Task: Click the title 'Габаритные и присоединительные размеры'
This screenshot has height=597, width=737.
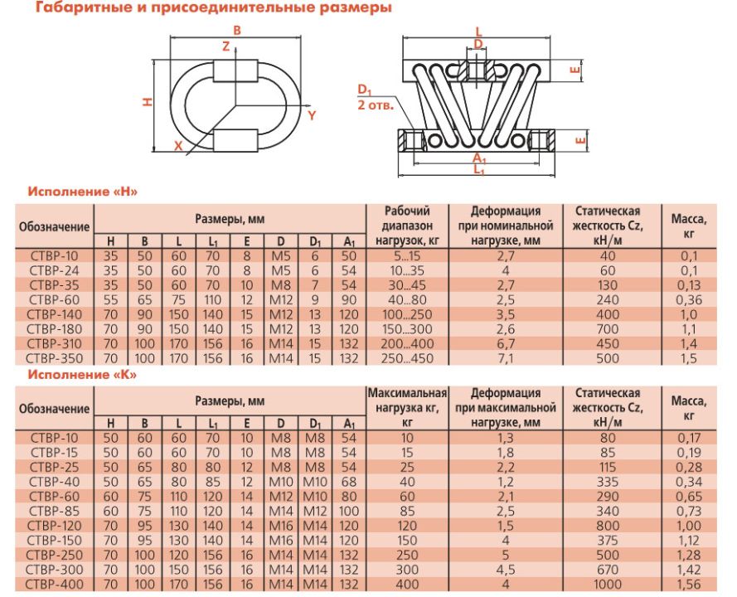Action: pyautogui.click(x=214, y=8)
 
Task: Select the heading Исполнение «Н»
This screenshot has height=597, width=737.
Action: pyautogui.click(x=83, y=192)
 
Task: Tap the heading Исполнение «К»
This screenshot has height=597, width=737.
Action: pyautogui.click(x=82, y=375)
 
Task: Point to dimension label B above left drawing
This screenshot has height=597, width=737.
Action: pyautogui.click(x=237, y=31)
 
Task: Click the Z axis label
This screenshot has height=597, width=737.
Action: pyautogui.click(x=226, y=46)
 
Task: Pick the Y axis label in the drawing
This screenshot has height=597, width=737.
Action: pyautogui.click(x=312, y=115)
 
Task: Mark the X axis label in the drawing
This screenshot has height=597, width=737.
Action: pyautogui.click(x=178, y=146)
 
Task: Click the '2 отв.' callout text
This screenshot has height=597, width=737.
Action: pyautogui.click(x=376, y=104)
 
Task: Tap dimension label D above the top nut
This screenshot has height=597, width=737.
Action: pyautogui.click(x=478, y=44)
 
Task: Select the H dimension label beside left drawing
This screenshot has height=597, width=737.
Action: pyautogui.click(x=147, y=101)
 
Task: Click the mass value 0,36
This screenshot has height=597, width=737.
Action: pyautogui.click(x=689, y=300)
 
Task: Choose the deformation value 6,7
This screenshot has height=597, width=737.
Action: pyautogui.click(x=505, y=343)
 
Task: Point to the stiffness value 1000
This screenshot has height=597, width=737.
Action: pyautogui.click(x=608, y=585)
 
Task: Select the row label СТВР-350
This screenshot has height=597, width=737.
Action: pyautogui.click(x=54, y=358)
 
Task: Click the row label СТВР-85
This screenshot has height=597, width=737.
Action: pyautogui.click(x=55, y=511)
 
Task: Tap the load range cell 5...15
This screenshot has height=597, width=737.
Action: pyautogui.click(x=407, y=256)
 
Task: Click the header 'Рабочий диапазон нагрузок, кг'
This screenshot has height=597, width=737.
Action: pyautogui.click(x=407, y=226)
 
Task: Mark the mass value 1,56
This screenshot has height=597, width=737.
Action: pyautogui.click(x=689, y=585)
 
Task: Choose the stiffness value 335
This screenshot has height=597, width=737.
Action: pyautogui.click(x=608, y=482)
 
